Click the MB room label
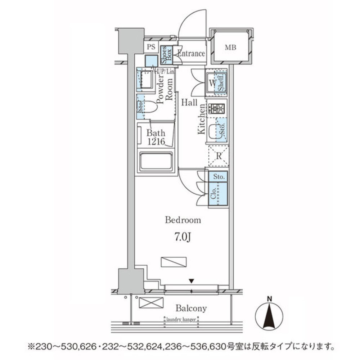pos(230,47)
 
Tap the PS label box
pos(151,47)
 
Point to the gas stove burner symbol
pos(217,108)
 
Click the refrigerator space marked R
pos(218,156)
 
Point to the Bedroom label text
pos(183,220)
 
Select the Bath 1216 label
pos(156,137)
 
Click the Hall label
pos(189,103)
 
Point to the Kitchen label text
pos(202,119)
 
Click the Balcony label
pos(191,308)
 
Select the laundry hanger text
pos(181,319)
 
